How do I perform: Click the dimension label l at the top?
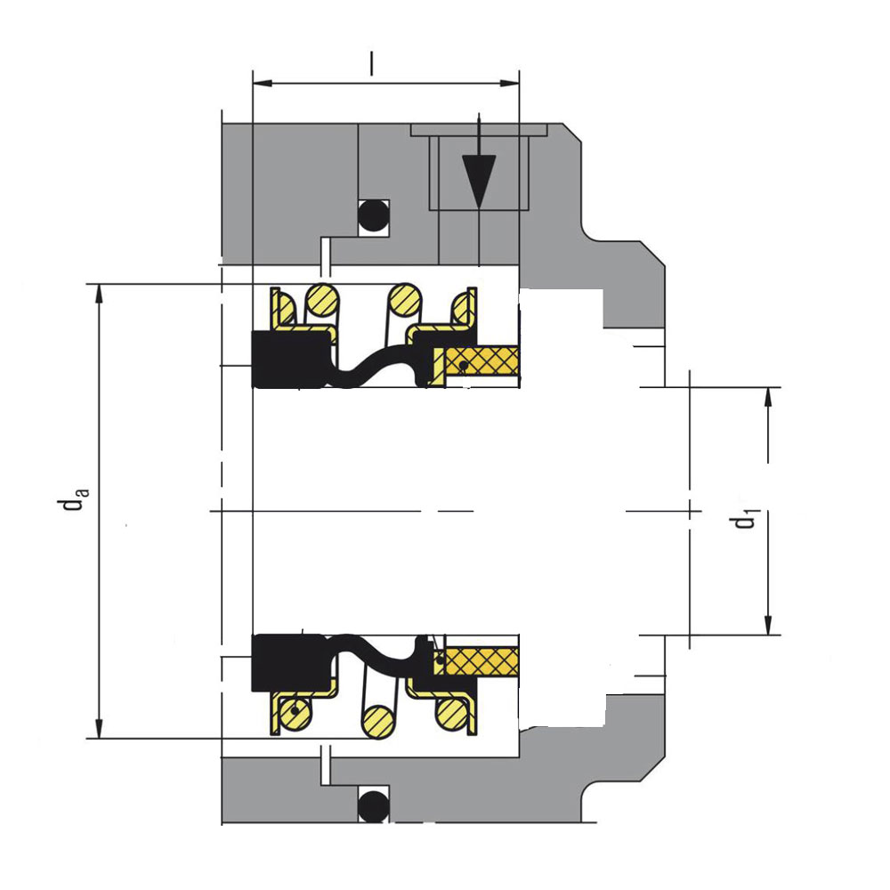372,63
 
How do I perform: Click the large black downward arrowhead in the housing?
479,182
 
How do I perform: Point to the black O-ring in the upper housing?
373,216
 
